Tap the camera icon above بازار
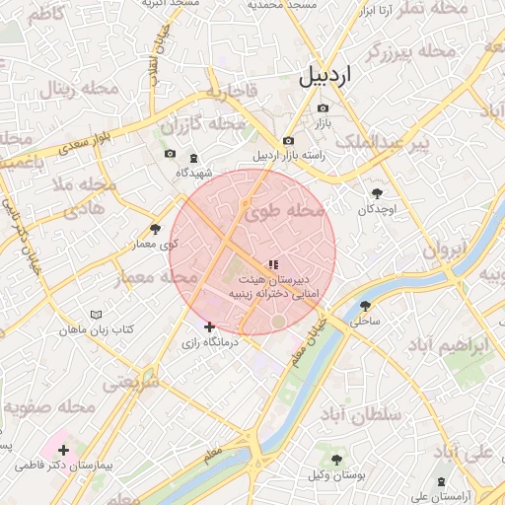pos(323,108)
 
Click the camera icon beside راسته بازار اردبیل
pos(287,141)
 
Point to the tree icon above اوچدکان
pos(377,193)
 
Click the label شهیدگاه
pos(194,173)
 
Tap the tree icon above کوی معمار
pos(155,229)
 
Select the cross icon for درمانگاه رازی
pos(209,326)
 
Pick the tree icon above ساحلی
pos(365,305)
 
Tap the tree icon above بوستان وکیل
pos(336,460)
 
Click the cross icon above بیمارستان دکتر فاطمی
pos(63,450)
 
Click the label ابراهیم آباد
pos(448,348)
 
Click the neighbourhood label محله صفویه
pos(49,406)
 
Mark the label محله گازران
pos(202,125)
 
